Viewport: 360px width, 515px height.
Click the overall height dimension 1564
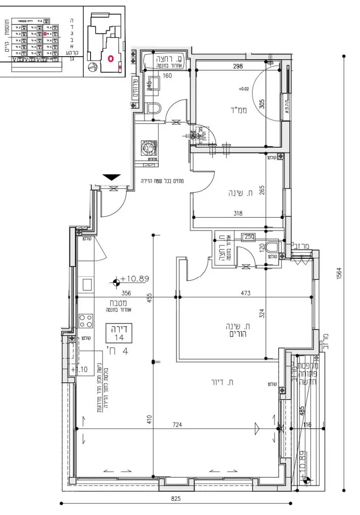tap(339, 273)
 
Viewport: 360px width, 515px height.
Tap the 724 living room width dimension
tap(177, 425)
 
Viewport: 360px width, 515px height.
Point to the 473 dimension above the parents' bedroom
tap(245, 293)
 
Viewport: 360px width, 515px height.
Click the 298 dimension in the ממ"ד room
tap(238, 66)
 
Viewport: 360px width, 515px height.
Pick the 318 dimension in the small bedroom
tap(238, 212)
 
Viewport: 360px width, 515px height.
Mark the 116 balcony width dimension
tap(306, 424)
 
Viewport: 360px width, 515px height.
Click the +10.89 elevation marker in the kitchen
tap(134, 279)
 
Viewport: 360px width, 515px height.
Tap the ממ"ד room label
tap(242, 110)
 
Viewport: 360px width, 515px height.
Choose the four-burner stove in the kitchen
tap(86, 321)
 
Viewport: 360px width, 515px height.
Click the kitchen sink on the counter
tap(87, 285)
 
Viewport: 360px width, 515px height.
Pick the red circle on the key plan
tap(110, 58)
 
